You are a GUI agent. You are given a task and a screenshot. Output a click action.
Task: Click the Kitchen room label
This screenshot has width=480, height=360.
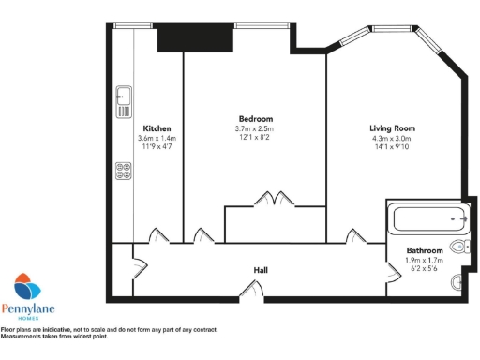click(157, 128)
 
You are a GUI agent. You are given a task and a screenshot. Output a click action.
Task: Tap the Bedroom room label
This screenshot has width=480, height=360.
click(255, 119)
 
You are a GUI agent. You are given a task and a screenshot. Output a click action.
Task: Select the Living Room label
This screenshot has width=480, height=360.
click(392, 128)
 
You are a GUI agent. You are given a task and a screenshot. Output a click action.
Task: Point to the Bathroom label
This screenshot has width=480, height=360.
click(424, 250)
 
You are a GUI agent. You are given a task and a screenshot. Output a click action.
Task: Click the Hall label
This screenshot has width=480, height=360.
click(261, 270)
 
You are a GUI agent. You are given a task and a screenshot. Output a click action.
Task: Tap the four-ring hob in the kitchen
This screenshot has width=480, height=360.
click(123, 170)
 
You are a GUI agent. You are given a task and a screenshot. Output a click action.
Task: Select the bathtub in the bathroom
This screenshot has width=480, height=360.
click(429, 220)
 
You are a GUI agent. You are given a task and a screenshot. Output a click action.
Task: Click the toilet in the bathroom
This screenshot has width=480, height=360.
click(458, 247)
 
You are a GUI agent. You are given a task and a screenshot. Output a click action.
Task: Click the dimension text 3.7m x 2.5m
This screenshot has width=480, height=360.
click(255, 129)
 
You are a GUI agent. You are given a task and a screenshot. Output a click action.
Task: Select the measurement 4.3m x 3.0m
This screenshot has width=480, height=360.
click(392, 139)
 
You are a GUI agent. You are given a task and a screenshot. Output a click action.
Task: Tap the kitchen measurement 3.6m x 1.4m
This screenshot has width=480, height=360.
click(157, 139)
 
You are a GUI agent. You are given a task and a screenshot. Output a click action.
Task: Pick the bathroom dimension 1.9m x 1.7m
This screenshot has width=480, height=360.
click(424, 260)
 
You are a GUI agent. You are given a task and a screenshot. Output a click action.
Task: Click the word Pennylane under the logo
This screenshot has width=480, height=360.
click(32, 308)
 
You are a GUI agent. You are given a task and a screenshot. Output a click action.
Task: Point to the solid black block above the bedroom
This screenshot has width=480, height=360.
click(194, 37)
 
